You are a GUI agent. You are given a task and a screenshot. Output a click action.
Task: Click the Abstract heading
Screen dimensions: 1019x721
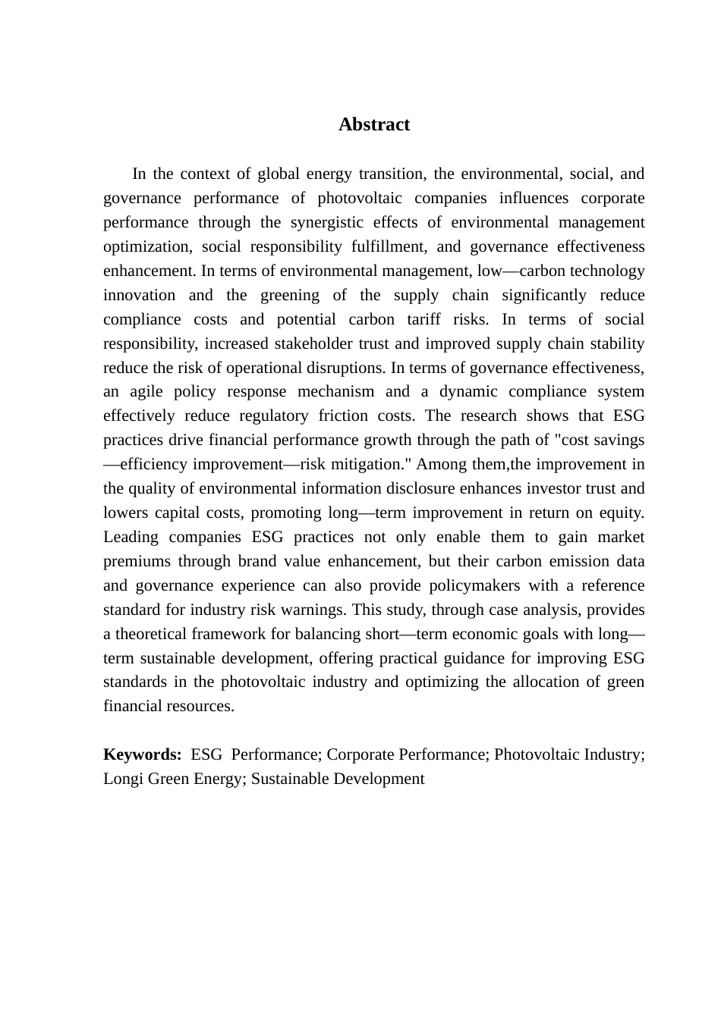373,125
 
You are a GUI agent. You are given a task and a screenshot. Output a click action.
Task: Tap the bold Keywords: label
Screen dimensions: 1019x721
142,755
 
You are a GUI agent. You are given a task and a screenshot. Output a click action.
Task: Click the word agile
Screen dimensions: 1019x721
146,392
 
